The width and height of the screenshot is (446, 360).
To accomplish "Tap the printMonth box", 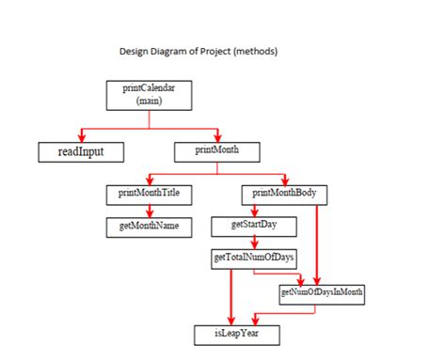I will [x=217, y=149].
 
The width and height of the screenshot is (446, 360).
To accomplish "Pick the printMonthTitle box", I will [x=150, y=195].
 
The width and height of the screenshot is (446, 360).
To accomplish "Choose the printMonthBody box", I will [x=285, y=195].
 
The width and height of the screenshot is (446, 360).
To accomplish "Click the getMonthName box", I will [x=150, y=227].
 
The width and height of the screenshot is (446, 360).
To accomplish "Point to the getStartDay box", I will [x=255, y=226].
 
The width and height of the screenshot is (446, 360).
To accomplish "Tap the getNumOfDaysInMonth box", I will [x=322, y=294].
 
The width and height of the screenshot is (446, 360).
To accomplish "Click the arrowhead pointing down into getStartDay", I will [x=254, y=211].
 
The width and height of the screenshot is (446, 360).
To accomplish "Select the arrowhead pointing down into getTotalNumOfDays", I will [x=254, y=243].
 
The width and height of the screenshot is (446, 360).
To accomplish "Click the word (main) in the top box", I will [x=150, y=100].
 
